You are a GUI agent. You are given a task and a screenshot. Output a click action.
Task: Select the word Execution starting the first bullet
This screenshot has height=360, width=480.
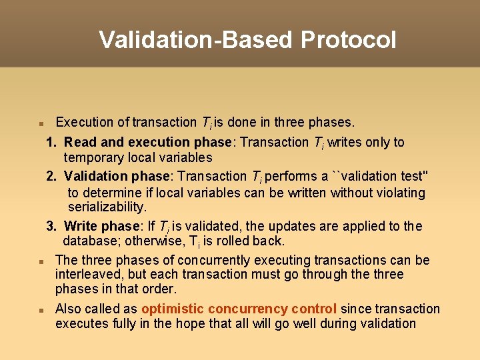(85, 122)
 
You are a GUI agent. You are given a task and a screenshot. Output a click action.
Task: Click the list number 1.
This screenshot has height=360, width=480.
(51, 142)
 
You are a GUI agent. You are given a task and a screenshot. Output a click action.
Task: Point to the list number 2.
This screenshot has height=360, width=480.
(51, 176)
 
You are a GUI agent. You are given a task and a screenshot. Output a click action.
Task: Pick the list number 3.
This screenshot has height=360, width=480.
(51, 226)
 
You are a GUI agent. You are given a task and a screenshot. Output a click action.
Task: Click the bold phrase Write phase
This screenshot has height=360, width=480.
(101, 226)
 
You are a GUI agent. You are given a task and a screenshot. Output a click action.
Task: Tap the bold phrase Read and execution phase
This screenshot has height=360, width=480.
(150, 142)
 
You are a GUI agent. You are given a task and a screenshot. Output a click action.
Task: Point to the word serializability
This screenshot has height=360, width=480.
(107, 207)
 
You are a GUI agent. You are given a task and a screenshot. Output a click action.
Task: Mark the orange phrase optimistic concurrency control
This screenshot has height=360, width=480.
(239, 309)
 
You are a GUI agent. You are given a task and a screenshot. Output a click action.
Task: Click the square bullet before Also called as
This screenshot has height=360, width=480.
(41, 310)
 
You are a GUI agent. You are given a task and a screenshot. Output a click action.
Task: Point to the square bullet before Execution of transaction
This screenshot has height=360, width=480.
(41, 123)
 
